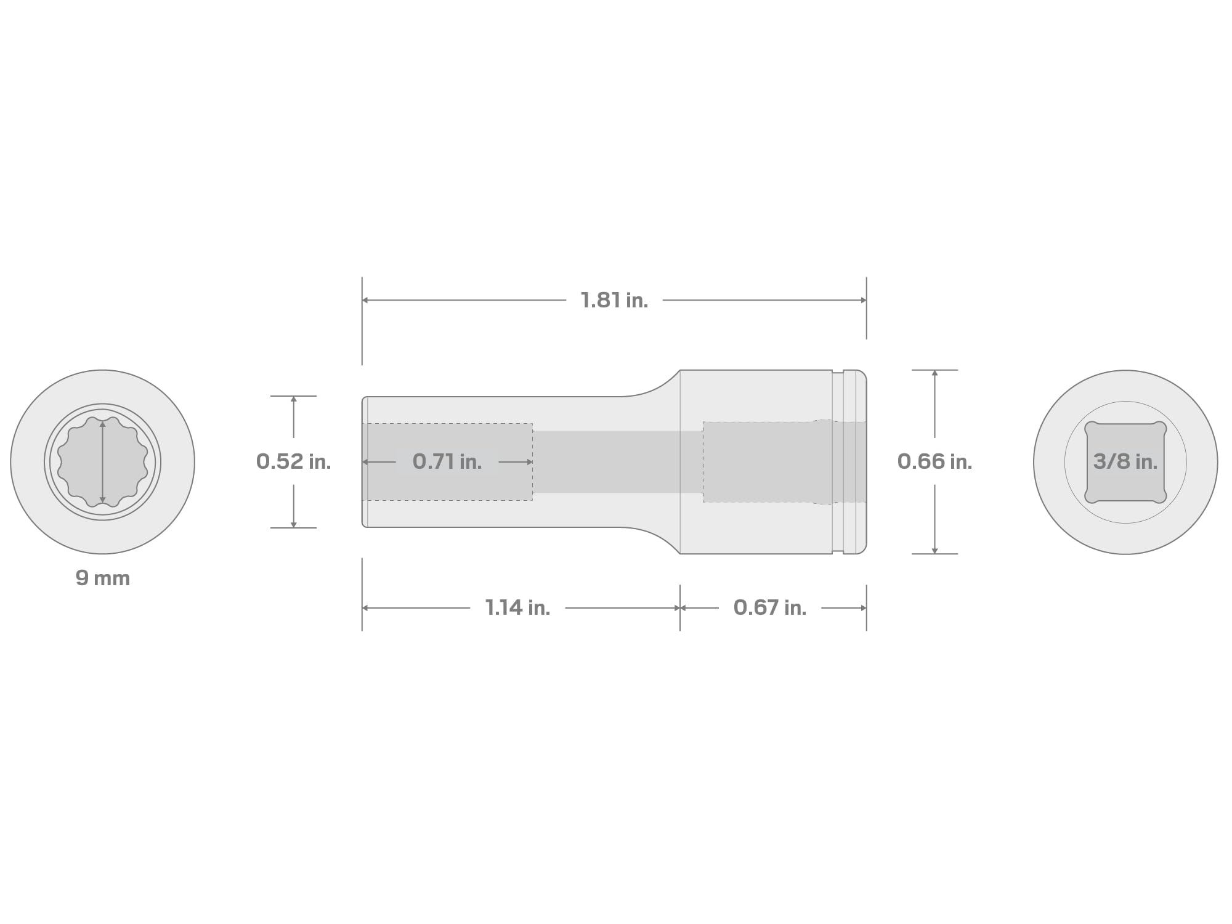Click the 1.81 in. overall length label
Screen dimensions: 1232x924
click(614, 301)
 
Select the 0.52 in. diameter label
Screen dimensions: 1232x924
click(293, 461)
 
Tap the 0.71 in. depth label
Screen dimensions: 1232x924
click(447, 461)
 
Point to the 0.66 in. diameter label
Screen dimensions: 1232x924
click(934, 461)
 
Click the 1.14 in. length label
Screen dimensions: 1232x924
click(517, 608)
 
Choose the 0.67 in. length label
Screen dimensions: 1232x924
click(769, 608)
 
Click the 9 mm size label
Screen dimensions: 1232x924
click(103, 578)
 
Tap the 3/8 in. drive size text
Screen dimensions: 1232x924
click(1125, 461)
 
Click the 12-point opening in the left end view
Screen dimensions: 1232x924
click(103, 462)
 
